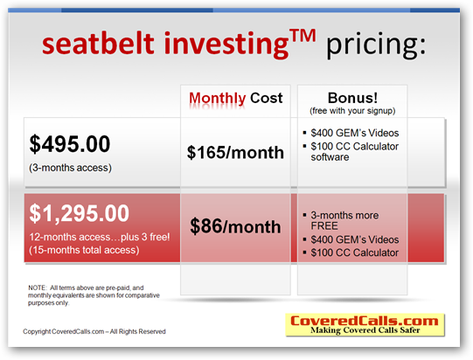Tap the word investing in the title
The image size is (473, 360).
(226, 45)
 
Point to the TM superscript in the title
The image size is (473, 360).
(303, 36)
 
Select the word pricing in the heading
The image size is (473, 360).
(376, 45)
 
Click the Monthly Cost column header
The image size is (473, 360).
(235, 98)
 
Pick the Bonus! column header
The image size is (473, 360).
(352, 98)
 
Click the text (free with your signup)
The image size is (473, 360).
(352, 111)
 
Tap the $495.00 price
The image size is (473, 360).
(70, 144)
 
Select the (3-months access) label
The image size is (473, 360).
(70, 168)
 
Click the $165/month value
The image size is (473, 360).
(235, 152)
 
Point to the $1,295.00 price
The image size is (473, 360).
(79, 213)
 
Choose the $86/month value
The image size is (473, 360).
(235, 226)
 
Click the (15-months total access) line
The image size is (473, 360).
(84, 250)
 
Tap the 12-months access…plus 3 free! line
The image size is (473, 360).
(100, 237)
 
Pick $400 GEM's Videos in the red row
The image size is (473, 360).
(354, 239)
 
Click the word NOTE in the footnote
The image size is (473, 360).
(37, 287)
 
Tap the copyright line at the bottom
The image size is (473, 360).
(94, 331)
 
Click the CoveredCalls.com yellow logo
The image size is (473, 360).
(365, 325)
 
